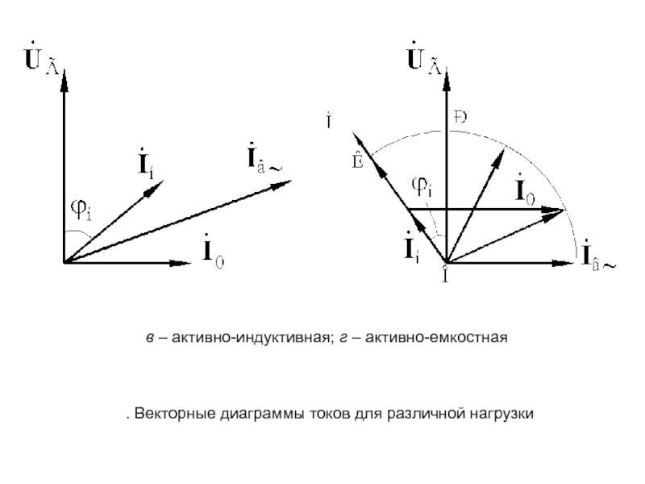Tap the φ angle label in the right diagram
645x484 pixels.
click(x=422, y=187)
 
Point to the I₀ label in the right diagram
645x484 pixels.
click(x=522, y=193)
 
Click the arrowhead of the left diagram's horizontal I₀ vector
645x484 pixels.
click(x=183, y=262)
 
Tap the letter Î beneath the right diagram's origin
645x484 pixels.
click(x=445, y=277)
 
